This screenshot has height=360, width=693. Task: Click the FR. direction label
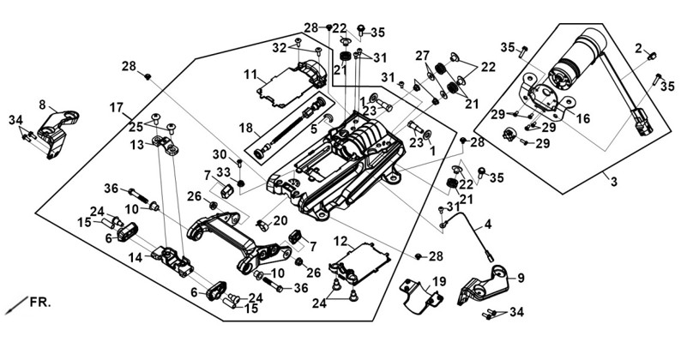(40, 303)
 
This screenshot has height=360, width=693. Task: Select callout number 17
(117, 108)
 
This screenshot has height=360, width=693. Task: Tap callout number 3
(614, 181)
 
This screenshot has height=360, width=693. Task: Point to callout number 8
(42, 105)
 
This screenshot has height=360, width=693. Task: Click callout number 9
(521, 278)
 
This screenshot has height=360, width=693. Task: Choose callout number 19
(439, 281)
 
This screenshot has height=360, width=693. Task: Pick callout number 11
(250, 75)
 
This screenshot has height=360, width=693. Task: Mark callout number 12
(340, 241)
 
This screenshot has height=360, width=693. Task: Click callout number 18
(245, 128)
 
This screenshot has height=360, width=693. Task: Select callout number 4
(487, 224)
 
